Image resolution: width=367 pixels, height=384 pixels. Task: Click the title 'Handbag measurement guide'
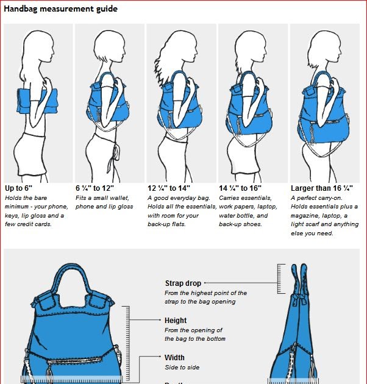pos(61,9)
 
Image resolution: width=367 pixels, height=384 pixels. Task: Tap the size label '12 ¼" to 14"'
pos(169,188)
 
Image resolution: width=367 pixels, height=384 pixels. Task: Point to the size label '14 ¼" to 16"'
pos(240,188)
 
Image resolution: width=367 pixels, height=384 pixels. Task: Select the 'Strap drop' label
pos(183,283)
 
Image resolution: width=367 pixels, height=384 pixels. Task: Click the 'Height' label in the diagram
pos(176,320)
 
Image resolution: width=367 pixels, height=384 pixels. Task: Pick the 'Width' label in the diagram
pos(174,357)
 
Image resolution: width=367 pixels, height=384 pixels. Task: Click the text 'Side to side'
pos(182,368)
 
